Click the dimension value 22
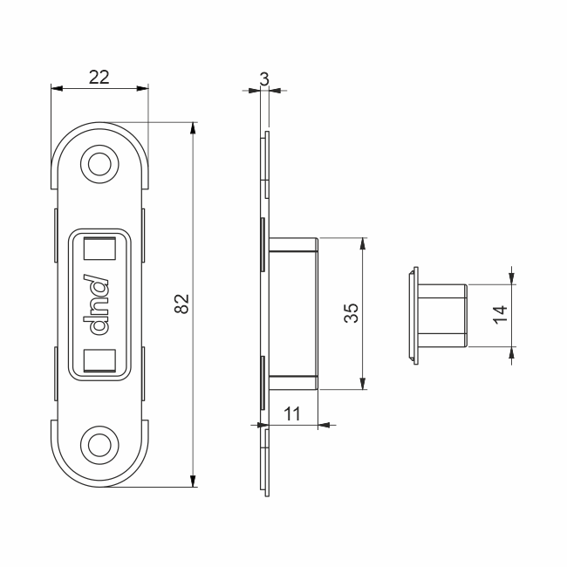tap(99, 77)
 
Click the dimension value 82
tap(182, 304)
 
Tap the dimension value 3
tap(264, 79)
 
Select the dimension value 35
tap(352, 313)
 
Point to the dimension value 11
tap(292, 413)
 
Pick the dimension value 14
tap(501, 315)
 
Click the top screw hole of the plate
tap(99, 164)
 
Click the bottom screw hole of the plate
tap(99, 445)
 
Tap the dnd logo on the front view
tap(95, 304)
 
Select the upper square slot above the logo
tap(99, 249)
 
